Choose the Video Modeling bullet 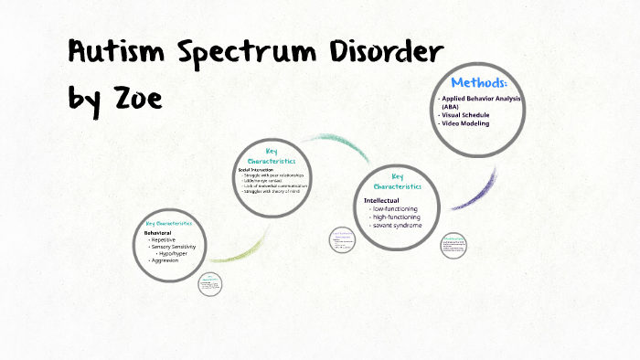(x=465, y=123)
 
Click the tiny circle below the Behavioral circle (x=211, y=284)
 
